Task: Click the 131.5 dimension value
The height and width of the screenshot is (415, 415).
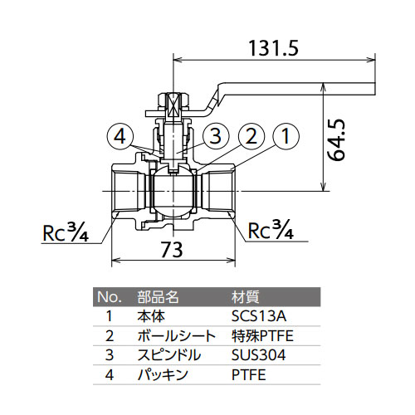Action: [273, 48]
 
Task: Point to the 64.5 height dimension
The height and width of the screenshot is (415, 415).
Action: [336, 139]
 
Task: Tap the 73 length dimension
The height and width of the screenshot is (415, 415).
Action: [172, 249]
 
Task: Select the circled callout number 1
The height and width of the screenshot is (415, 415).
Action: [286, 136]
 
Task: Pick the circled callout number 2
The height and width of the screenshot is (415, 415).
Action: [251, 136]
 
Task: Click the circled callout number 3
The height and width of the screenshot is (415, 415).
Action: [216, 136]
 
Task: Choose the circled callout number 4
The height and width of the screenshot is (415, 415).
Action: [120, 136]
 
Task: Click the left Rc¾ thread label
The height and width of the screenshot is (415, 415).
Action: [66, 232]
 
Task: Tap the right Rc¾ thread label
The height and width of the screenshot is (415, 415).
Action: [271, 229]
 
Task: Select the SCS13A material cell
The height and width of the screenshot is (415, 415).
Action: [259, 316]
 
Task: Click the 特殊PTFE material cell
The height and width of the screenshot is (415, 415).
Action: [262, 336]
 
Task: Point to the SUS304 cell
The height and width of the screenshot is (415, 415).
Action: [258, 355]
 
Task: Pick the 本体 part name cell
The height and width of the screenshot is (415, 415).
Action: [151, 316]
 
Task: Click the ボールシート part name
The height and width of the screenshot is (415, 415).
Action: [177, 336]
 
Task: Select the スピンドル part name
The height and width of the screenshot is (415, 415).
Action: [168, 355]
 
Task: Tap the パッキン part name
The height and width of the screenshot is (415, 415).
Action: [163, 374]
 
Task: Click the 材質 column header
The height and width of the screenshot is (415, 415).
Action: [245, 297]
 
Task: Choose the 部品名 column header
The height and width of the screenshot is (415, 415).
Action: [158, 297]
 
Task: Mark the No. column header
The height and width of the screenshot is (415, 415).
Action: [110, 297]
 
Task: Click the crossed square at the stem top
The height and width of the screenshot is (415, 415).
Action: [173, 107]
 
